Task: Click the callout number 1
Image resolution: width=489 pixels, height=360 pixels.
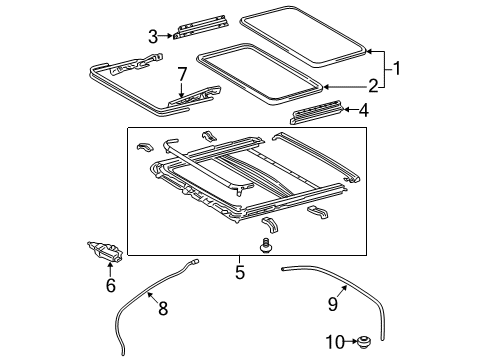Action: coord(400,69)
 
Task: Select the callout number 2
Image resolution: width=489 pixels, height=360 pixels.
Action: coord(373,86)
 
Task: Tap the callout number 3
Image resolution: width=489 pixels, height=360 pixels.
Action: coord(153,37)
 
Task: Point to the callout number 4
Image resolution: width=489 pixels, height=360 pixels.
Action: coord(363,110)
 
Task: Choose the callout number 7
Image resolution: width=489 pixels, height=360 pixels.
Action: coord(181,74)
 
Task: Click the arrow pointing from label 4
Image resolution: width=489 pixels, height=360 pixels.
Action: coord(349,110)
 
